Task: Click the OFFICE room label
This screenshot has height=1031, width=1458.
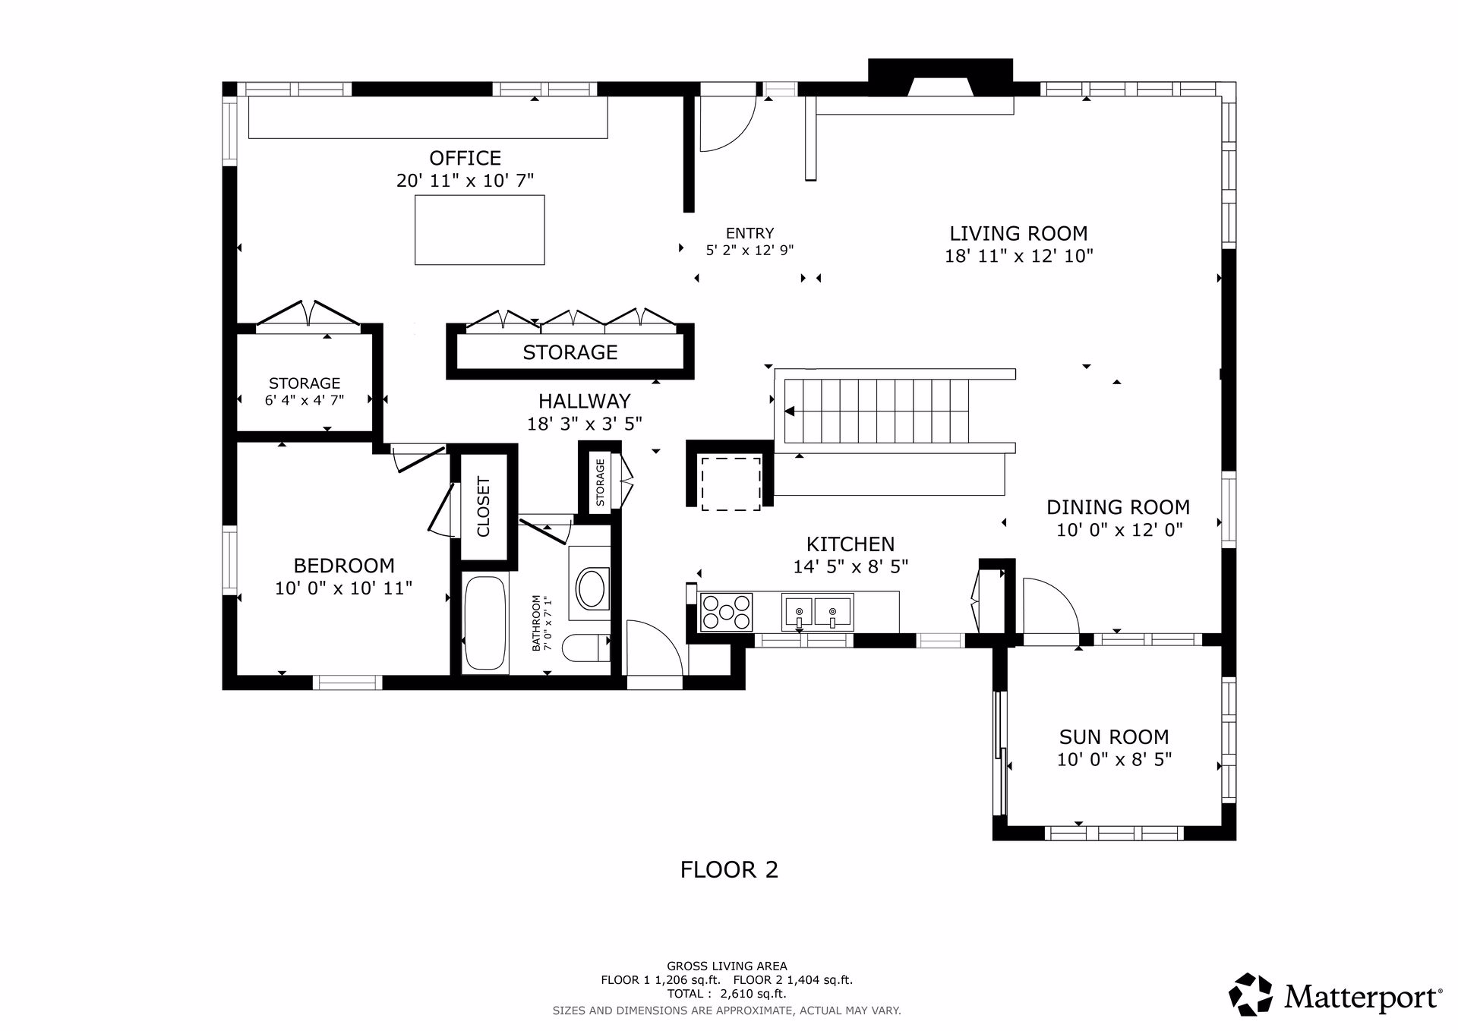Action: click(465, 158)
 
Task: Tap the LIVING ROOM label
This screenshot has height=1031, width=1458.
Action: click(1018, 233)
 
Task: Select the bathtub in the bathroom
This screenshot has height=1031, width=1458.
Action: click(484, 624)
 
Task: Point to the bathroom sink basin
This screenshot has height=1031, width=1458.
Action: click(592, 588)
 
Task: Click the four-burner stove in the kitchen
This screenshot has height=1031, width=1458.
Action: click(726, 612)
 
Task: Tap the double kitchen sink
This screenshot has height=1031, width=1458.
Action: click(817, 612)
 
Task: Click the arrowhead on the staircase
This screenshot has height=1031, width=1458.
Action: click(789, 411)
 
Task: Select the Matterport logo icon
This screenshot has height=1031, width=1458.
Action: click(1251, 994)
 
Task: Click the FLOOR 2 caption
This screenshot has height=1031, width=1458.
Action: click(729, 869)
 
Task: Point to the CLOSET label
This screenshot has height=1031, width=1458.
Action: click(484, 506)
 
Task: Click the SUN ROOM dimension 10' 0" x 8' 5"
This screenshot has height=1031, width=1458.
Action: click(1114, 759)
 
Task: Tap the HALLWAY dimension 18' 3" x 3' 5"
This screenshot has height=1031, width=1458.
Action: click(585, 424)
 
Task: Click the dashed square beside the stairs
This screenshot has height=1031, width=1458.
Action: click(731, 484)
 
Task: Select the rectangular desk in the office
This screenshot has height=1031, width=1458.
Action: click(479, 230)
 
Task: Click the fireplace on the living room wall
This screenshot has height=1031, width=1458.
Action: click(940, 78)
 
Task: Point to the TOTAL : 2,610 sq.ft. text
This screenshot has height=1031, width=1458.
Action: click(727, 993)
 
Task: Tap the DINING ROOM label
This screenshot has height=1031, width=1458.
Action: click(1118, 507)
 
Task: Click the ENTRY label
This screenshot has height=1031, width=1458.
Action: click(750, 233)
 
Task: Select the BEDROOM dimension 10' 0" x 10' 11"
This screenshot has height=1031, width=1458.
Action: click(343, 588)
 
